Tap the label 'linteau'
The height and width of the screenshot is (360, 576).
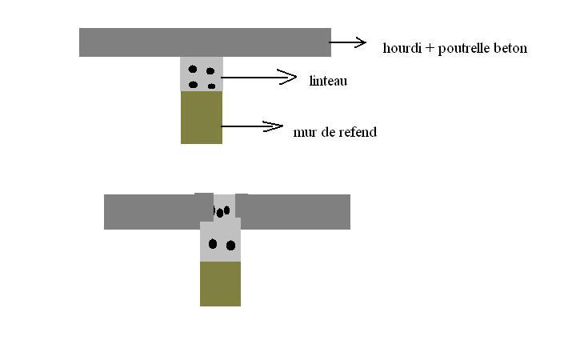pyautogui.click(x=328, y=81)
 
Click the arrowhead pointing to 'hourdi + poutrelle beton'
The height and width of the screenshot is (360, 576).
pyautogui.click(x=360, y=43)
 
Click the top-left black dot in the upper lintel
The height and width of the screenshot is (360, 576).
pyautogui.click(x=193, y=70)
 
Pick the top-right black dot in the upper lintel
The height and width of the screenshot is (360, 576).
pyautogui.click(x=210, y=70)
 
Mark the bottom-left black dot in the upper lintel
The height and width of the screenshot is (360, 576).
pyautogui.click(x=193, y=84)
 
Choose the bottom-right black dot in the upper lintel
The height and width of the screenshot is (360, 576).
pyautogui.click(x=211, y=86)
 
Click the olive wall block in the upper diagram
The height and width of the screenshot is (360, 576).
pyautogui.click(x=202, y=118)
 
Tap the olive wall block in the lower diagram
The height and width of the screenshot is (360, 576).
pyautogui.click(x=220, y=283)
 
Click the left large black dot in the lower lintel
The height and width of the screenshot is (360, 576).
pyautogui.click(x=213, y=244)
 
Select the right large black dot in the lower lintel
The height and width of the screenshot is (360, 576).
pyautogui.click(x=230, y=246)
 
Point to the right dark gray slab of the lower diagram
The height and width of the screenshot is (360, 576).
pyautogui.click(x=296, y=212)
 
